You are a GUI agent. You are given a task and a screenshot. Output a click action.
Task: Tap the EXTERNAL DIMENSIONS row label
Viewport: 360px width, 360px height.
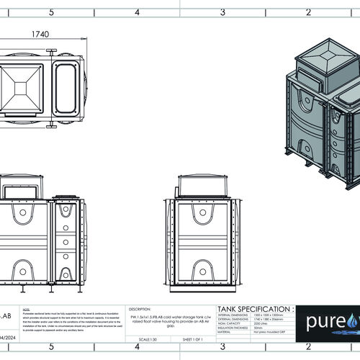[x=223, y=319]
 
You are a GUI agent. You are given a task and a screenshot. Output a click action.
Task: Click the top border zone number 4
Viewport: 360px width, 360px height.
[x=135, y=12]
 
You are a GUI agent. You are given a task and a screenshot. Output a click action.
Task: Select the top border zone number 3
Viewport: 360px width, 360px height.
[x=221, y=12]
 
